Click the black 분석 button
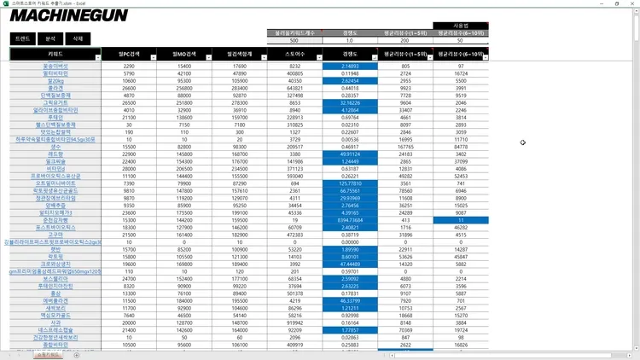tap(50, 39)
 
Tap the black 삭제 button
tap(78, 39)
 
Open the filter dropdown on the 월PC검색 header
tap(148, 54)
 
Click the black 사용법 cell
tap(460, 26)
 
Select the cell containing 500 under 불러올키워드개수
tap(294, 40)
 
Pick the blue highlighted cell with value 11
tap(460, 220)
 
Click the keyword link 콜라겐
tap(55, 87)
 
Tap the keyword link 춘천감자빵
tap(55, 220)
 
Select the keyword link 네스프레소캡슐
tap(55, 329)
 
